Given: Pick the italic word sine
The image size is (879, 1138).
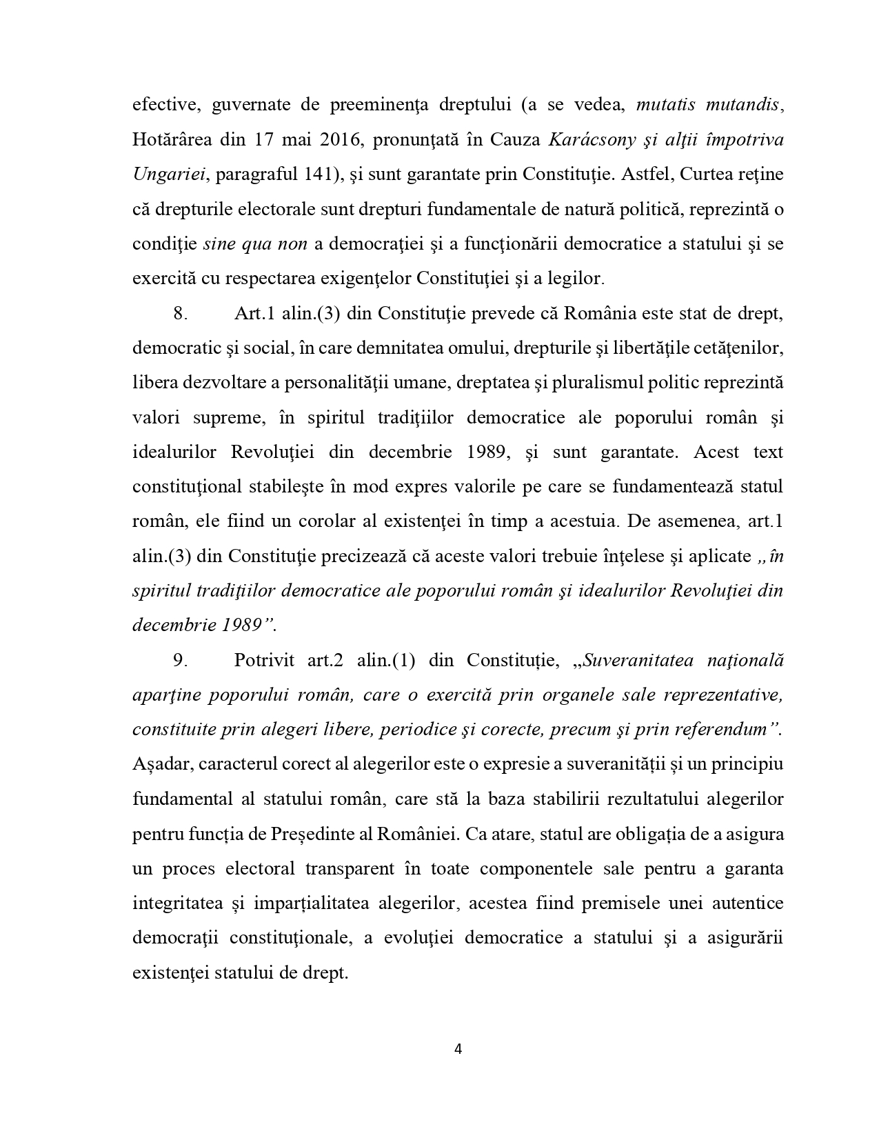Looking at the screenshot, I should tap(219, 243).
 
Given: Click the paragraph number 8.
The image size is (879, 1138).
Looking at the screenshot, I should tap(180, 313).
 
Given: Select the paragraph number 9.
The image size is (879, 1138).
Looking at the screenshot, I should tap(180, 660).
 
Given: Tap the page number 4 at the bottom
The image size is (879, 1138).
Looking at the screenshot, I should tap(458, 1050).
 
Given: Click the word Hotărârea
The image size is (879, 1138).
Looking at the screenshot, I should tap(173, 139).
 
